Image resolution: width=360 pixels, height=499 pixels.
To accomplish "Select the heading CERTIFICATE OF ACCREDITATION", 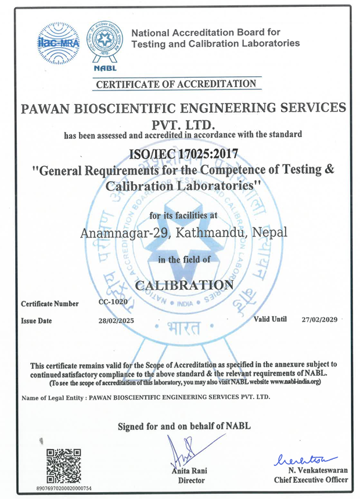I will tap(176, 84).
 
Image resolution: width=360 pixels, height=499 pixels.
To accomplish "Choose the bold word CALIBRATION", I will tap(183, 285).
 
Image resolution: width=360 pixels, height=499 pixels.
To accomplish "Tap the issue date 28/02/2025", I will tap(117, 321).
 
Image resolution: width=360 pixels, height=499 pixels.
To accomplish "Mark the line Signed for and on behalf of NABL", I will tap(184, 426).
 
